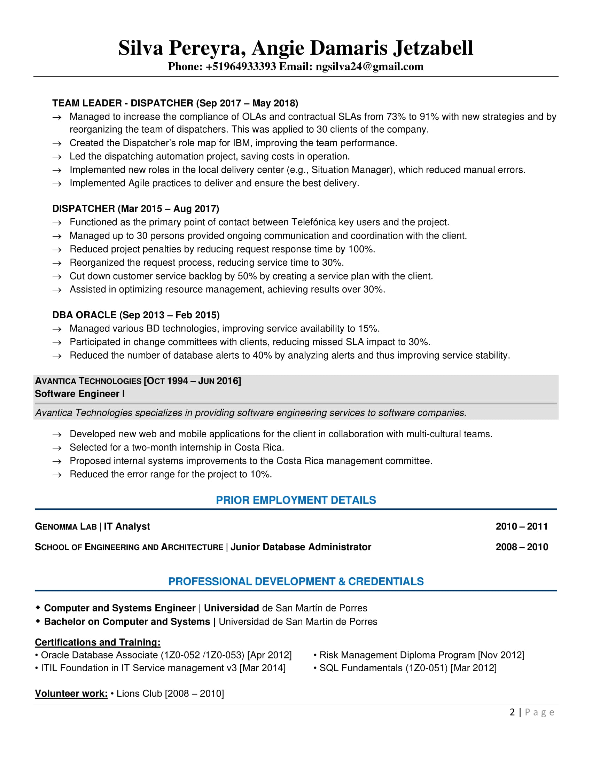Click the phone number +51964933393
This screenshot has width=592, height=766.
point(241,67)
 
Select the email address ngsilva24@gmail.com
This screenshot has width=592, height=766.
point(369,67)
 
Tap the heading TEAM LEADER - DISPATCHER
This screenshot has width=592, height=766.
point(123,103)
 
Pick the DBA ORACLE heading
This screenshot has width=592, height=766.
point(84,315)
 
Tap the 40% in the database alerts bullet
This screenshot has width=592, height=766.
point(262,355)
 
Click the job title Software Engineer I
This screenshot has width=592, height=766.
point(80,394)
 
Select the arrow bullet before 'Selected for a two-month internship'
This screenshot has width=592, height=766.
point(57,448)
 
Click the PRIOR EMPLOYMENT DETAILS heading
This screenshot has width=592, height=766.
point(296,500)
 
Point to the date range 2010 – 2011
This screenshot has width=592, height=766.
point(522,526)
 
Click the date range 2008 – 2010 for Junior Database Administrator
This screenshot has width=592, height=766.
point(522,547)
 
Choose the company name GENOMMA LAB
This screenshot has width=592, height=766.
point(65,527)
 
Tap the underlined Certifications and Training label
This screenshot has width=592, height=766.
point(98,642)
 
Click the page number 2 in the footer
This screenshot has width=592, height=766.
point(512,712)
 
